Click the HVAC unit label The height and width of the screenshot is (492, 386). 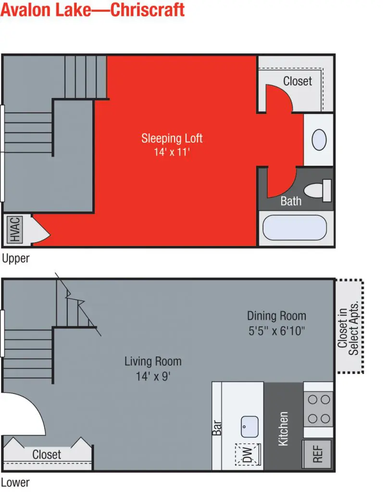coord(15,229)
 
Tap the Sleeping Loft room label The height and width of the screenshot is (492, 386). coord(172,138)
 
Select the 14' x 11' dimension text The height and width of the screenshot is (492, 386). coord(172,152)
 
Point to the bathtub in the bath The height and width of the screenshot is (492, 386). coord(295,227)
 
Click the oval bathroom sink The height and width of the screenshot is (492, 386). coord(319,140)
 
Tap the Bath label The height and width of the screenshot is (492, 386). coord(291,201)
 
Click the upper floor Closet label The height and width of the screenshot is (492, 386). coord(298,81)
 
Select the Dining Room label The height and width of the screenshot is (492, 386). coord(276,316)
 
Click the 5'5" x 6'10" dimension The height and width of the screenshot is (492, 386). coord(276,331)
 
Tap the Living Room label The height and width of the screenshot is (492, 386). coord(153,361)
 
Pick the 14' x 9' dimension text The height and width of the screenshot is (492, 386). coord(153,376)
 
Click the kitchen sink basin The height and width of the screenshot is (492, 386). coord(250,427)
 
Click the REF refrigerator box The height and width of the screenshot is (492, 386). coord(318,455)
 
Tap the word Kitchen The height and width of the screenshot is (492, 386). coord(283,429)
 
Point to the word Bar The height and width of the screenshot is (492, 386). coord(217,428)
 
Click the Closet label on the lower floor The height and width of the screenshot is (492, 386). coord(47,455)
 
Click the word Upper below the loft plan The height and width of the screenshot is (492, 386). coord(15,258)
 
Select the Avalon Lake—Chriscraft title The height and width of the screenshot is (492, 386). coord(93,10)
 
